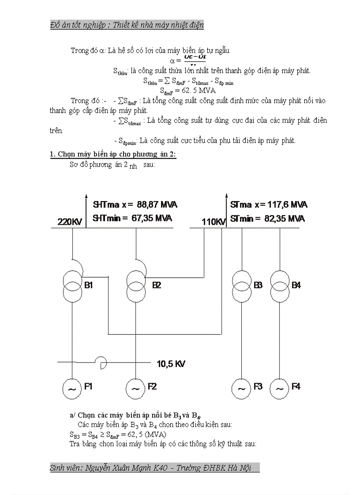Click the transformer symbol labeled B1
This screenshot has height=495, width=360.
tap(72, 286)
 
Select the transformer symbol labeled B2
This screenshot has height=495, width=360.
tap(136, 286)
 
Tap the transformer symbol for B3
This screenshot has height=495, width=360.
tap(242, 286)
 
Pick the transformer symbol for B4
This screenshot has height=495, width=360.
tap(280, 286)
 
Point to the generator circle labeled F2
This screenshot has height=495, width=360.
tap(135, 388)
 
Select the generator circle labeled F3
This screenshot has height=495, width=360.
tap(242, 388)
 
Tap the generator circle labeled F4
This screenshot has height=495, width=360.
tap(280, 388)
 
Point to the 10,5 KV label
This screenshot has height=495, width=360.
tap(171, 364)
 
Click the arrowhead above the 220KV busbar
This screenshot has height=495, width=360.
tap(86, 197)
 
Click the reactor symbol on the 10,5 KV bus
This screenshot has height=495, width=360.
tap(102, 363)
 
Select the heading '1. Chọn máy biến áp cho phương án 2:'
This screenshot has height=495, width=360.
tap(113, 154)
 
